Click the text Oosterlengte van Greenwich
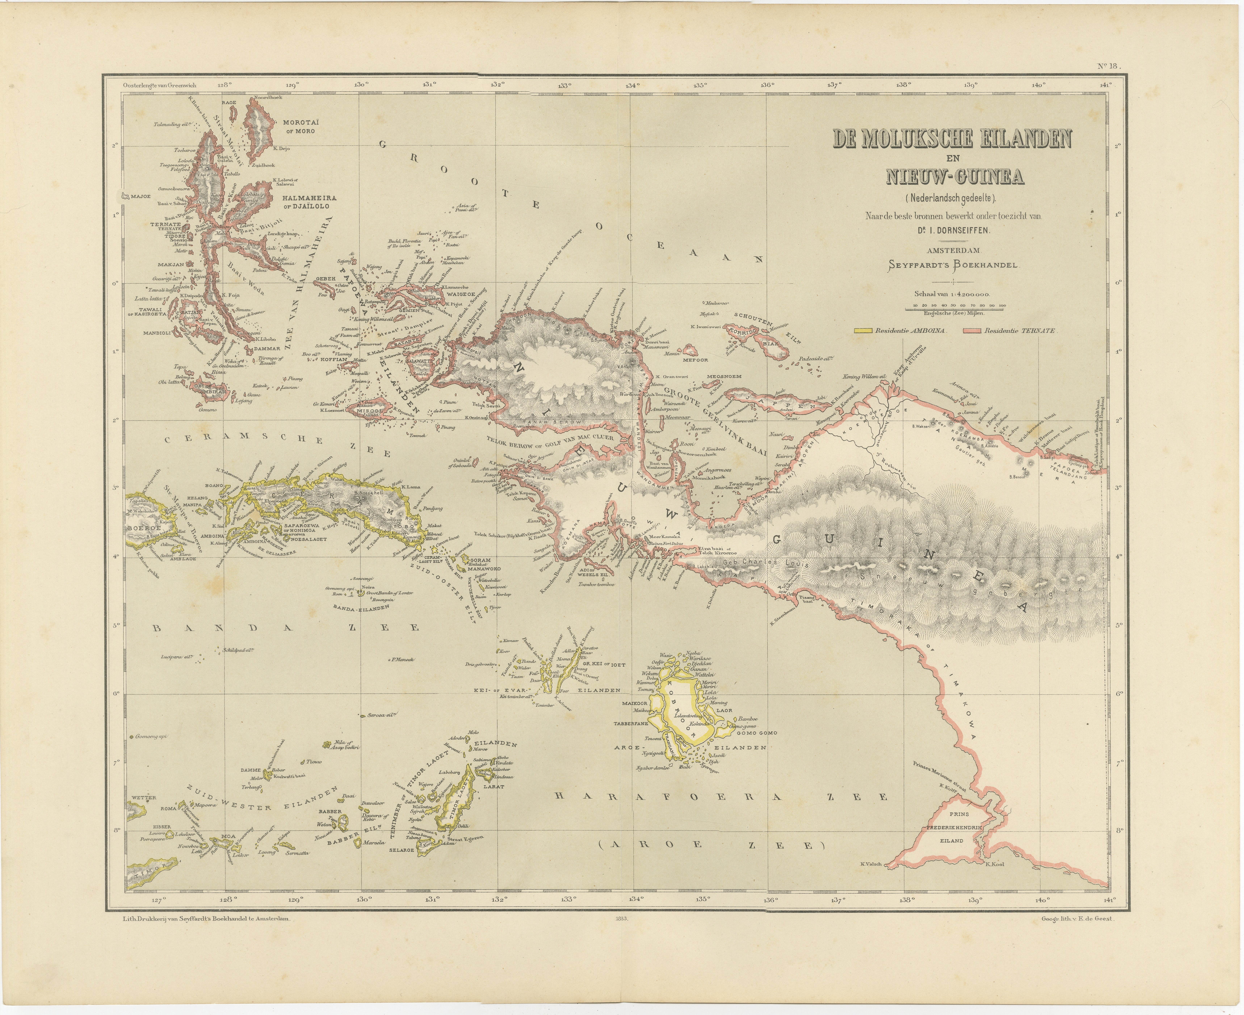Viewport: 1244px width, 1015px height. tap(160, 85)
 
